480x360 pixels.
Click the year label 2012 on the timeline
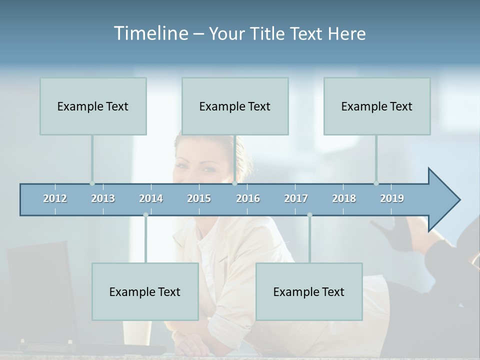[x=55, y=198]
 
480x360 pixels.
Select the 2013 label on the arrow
[x=103, y=198]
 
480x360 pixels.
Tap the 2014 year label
[x=151, y=198]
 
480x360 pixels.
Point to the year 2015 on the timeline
[x=199, y=198]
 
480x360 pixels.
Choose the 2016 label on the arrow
[x=248, y=198]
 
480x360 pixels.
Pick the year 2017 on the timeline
[x=296, y=198]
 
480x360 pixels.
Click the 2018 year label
[x=344, y=198]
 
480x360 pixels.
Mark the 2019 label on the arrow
[x=392, y=198]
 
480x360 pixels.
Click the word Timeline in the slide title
[x=150, y=33]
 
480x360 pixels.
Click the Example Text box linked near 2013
[x=93, y=106]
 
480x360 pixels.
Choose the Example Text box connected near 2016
[x=235, y=106]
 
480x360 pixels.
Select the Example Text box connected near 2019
[x=377, y=106]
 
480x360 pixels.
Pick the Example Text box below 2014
[x=145, y=291]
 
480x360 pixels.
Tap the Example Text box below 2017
[x=309, y=291]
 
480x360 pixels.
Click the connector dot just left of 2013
[x=92, y=183]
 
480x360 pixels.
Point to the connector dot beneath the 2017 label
[x=309, y=215]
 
